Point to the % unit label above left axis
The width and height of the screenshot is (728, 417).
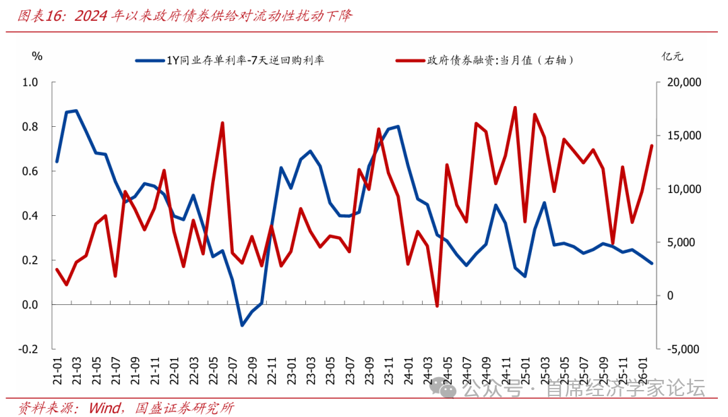click(x=38, y=56)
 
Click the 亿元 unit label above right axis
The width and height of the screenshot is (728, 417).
click(x=672, y=57)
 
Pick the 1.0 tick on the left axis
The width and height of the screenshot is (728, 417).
click(x=30, y=82)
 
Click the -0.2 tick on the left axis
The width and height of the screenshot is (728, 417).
click(x=29, y=349)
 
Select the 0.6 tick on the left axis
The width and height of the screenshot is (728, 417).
click(x=30, y=171)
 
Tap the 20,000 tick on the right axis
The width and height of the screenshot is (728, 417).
click(x=683, y=82)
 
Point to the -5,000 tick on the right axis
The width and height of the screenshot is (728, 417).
click(x=683, y=349)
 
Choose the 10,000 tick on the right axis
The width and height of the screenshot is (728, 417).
click(x=683, y=189)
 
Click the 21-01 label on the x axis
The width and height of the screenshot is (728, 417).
click(x=58, y=371)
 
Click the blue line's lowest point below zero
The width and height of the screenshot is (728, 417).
click(x=242, y=325)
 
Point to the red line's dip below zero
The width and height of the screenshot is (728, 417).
click(x=437, y=306)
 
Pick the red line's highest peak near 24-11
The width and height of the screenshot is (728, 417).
click(x=515, y=107)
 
